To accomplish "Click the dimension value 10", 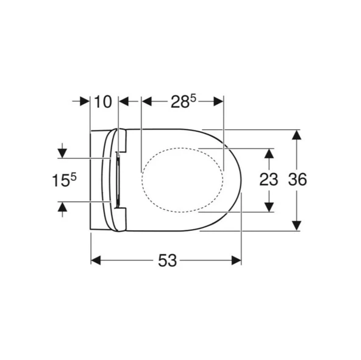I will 104,102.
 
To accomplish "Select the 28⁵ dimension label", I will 183,102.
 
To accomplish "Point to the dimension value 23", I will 268,180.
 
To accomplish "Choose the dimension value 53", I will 166,261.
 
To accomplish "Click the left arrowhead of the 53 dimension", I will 95,261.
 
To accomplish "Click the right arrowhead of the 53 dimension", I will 237,261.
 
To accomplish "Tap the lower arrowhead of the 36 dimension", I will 296,226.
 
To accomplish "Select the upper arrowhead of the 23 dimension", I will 268,152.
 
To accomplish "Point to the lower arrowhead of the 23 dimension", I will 268,208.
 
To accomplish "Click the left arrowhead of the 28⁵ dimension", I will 146,102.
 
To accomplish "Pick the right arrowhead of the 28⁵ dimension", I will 219,102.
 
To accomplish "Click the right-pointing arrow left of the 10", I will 85,102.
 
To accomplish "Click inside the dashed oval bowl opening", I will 182,180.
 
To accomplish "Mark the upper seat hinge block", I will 121,140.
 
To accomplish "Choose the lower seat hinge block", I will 121,219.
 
